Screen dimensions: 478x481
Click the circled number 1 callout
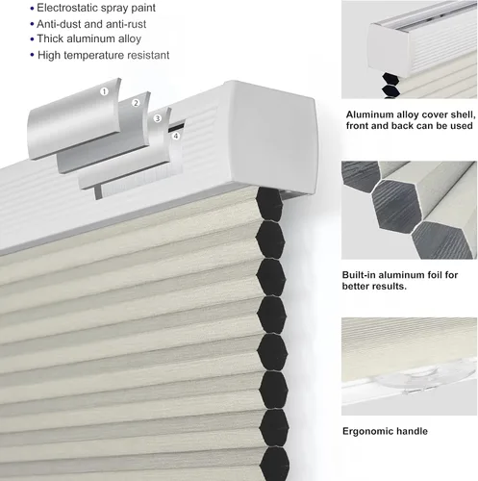[x=104, y=91]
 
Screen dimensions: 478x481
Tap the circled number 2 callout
[x=136, y=103]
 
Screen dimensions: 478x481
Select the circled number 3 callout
[x=157, y=118]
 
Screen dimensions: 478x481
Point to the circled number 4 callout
[x=176, y=136]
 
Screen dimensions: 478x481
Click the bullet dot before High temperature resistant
[x=32, y=55]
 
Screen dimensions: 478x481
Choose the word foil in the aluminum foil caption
[x=434, y=275]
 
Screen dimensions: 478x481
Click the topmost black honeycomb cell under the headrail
[x=269, y=204]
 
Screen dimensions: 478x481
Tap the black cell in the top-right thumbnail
[x=390, y=80]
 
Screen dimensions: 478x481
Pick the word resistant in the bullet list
[x=148, y=56]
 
